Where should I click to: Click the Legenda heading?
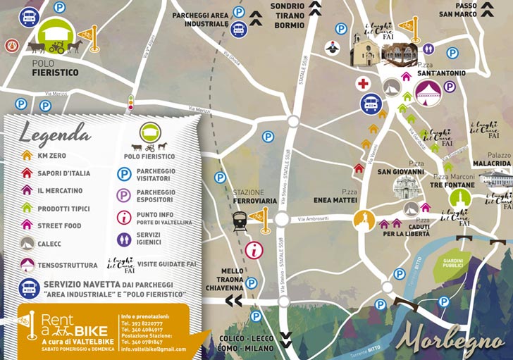pyautogui.click(x=54, y=131)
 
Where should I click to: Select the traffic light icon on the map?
pyautogui.click(x=130, y=103)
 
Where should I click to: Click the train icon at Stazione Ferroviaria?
pyautogui.click(x=240, y=222)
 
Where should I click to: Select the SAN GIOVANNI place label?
pyautogui.click(x=400, y=171)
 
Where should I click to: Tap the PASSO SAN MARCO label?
pyautogui.click(x=477, y=10)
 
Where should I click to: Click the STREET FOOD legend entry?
pyautogui.click(x=59, y=226)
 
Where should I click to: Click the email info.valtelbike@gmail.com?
pyautogui.click(x=153, y=349)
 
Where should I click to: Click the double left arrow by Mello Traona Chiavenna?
pyautogui.click(x=233, y=302)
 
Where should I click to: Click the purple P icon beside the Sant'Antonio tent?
pyautogui.click(x=450, y=87)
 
